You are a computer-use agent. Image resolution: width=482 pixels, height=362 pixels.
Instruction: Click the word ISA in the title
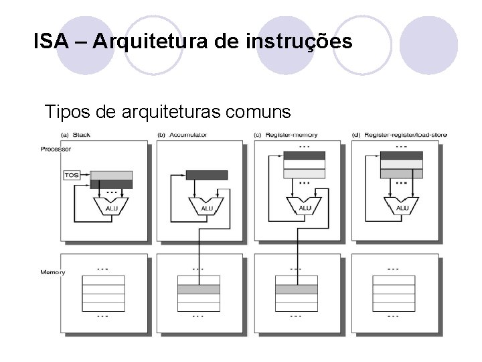point(51,42)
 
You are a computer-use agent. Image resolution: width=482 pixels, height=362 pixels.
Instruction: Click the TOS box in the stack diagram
point(72,175)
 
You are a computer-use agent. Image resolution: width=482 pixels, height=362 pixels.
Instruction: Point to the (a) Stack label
point(75,135)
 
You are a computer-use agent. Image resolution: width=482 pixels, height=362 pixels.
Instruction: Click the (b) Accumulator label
point(182,135)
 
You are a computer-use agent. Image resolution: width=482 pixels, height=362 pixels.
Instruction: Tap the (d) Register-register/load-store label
point(400,135)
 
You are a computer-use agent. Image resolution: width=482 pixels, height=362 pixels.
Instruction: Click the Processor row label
point(56,149)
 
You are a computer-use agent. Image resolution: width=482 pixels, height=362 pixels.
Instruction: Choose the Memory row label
point(53,272)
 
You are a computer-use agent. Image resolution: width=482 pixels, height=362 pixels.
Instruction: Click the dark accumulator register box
point(207,175)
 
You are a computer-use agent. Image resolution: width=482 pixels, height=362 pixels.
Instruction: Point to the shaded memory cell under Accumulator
point(198,290)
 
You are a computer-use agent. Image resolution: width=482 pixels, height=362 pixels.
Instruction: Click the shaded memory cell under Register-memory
point(296,290)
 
